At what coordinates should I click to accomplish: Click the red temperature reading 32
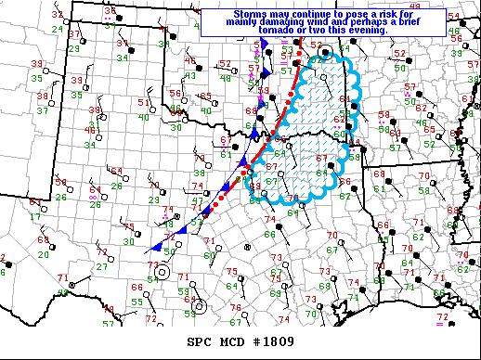[58, 16]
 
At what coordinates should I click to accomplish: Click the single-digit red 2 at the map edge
[3, 258]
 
